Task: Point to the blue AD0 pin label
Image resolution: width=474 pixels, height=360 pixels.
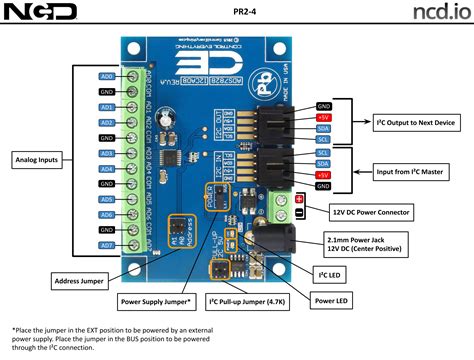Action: (x=107, y=76)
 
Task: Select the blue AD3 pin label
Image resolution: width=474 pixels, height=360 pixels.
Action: (x=107, y=153)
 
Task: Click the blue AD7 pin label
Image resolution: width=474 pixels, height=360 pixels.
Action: (x=107, y=245)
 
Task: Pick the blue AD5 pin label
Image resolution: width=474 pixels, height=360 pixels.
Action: (x=107, y=199)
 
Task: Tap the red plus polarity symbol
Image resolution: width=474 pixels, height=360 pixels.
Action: (x=299, y=198)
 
